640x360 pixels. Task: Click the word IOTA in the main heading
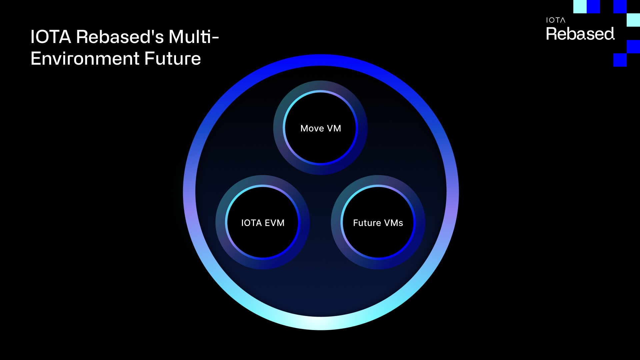click(51, 37)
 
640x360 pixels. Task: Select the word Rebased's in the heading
click(120, 37)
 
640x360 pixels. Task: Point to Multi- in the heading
click(193, 37)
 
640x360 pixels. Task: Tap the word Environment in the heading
click(85, 59)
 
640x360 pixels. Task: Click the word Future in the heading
click(173, 59)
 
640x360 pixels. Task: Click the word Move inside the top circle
click(312, 128)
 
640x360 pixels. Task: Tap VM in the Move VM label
click(334, 128)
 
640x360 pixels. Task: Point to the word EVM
click(275, 223)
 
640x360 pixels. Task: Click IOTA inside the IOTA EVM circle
click(251, 223)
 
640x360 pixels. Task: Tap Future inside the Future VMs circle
click(367, 223)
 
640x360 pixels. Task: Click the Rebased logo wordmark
click(580, 34)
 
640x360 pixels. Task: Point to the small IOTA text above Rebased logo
click(556, 20)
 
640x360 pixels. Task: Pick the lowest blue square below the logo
click(620, 60)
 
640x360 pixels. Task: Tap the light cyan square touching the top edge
click(580, 7)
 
